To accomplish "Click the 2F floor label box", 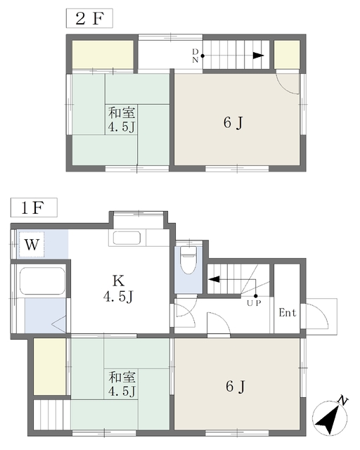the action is pyautogui.click(x=89, y=18).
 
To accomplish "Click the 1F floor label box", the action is pyautogui.click(x=34, y=207).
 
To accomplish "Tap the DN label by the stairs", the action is pyautogui.click(x=195, y=56).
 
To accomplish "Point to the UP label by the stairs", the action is pyautogui.click(x=254, y=303).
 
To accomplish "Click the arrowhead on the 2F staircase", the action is pyautogui.click(x=258, y=56).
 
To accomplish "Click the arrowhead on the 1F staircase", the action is pyautogui.click(x=214, y=279).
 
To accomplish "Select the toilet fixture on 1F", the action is pyautogui.click(x=188, y=260).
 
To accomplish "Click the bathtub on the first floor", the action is pyautogui.click(x=42, y=281).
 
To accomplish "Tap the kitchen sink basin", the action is pyautogui.click(x=127, y=238).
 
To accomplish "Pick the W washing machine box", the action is pyautogui.click(x=32, y=245).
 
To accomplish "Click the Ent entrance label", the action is pyautogui.click(x=288, y=312).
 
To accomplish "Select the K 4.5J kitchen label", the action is pyautogui.click(x=119, y=288).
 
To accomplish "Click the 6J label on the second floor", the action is pyautogui.click(x=233, y=123).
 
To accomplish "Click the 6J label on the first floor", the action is pyautogui.click(x=235, y=386).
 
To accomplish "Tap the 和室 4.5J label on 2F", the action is pyautogui.click(x=122, y=120).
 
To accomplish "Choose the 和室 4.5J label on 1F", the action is pyautogui.click(x=122, y=384).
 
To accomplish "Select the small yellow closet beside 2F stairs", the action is pyautogui.click(x=287, y=55).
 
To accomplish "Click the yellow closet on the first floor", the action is pyautogui.click(x=50, y=367).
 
